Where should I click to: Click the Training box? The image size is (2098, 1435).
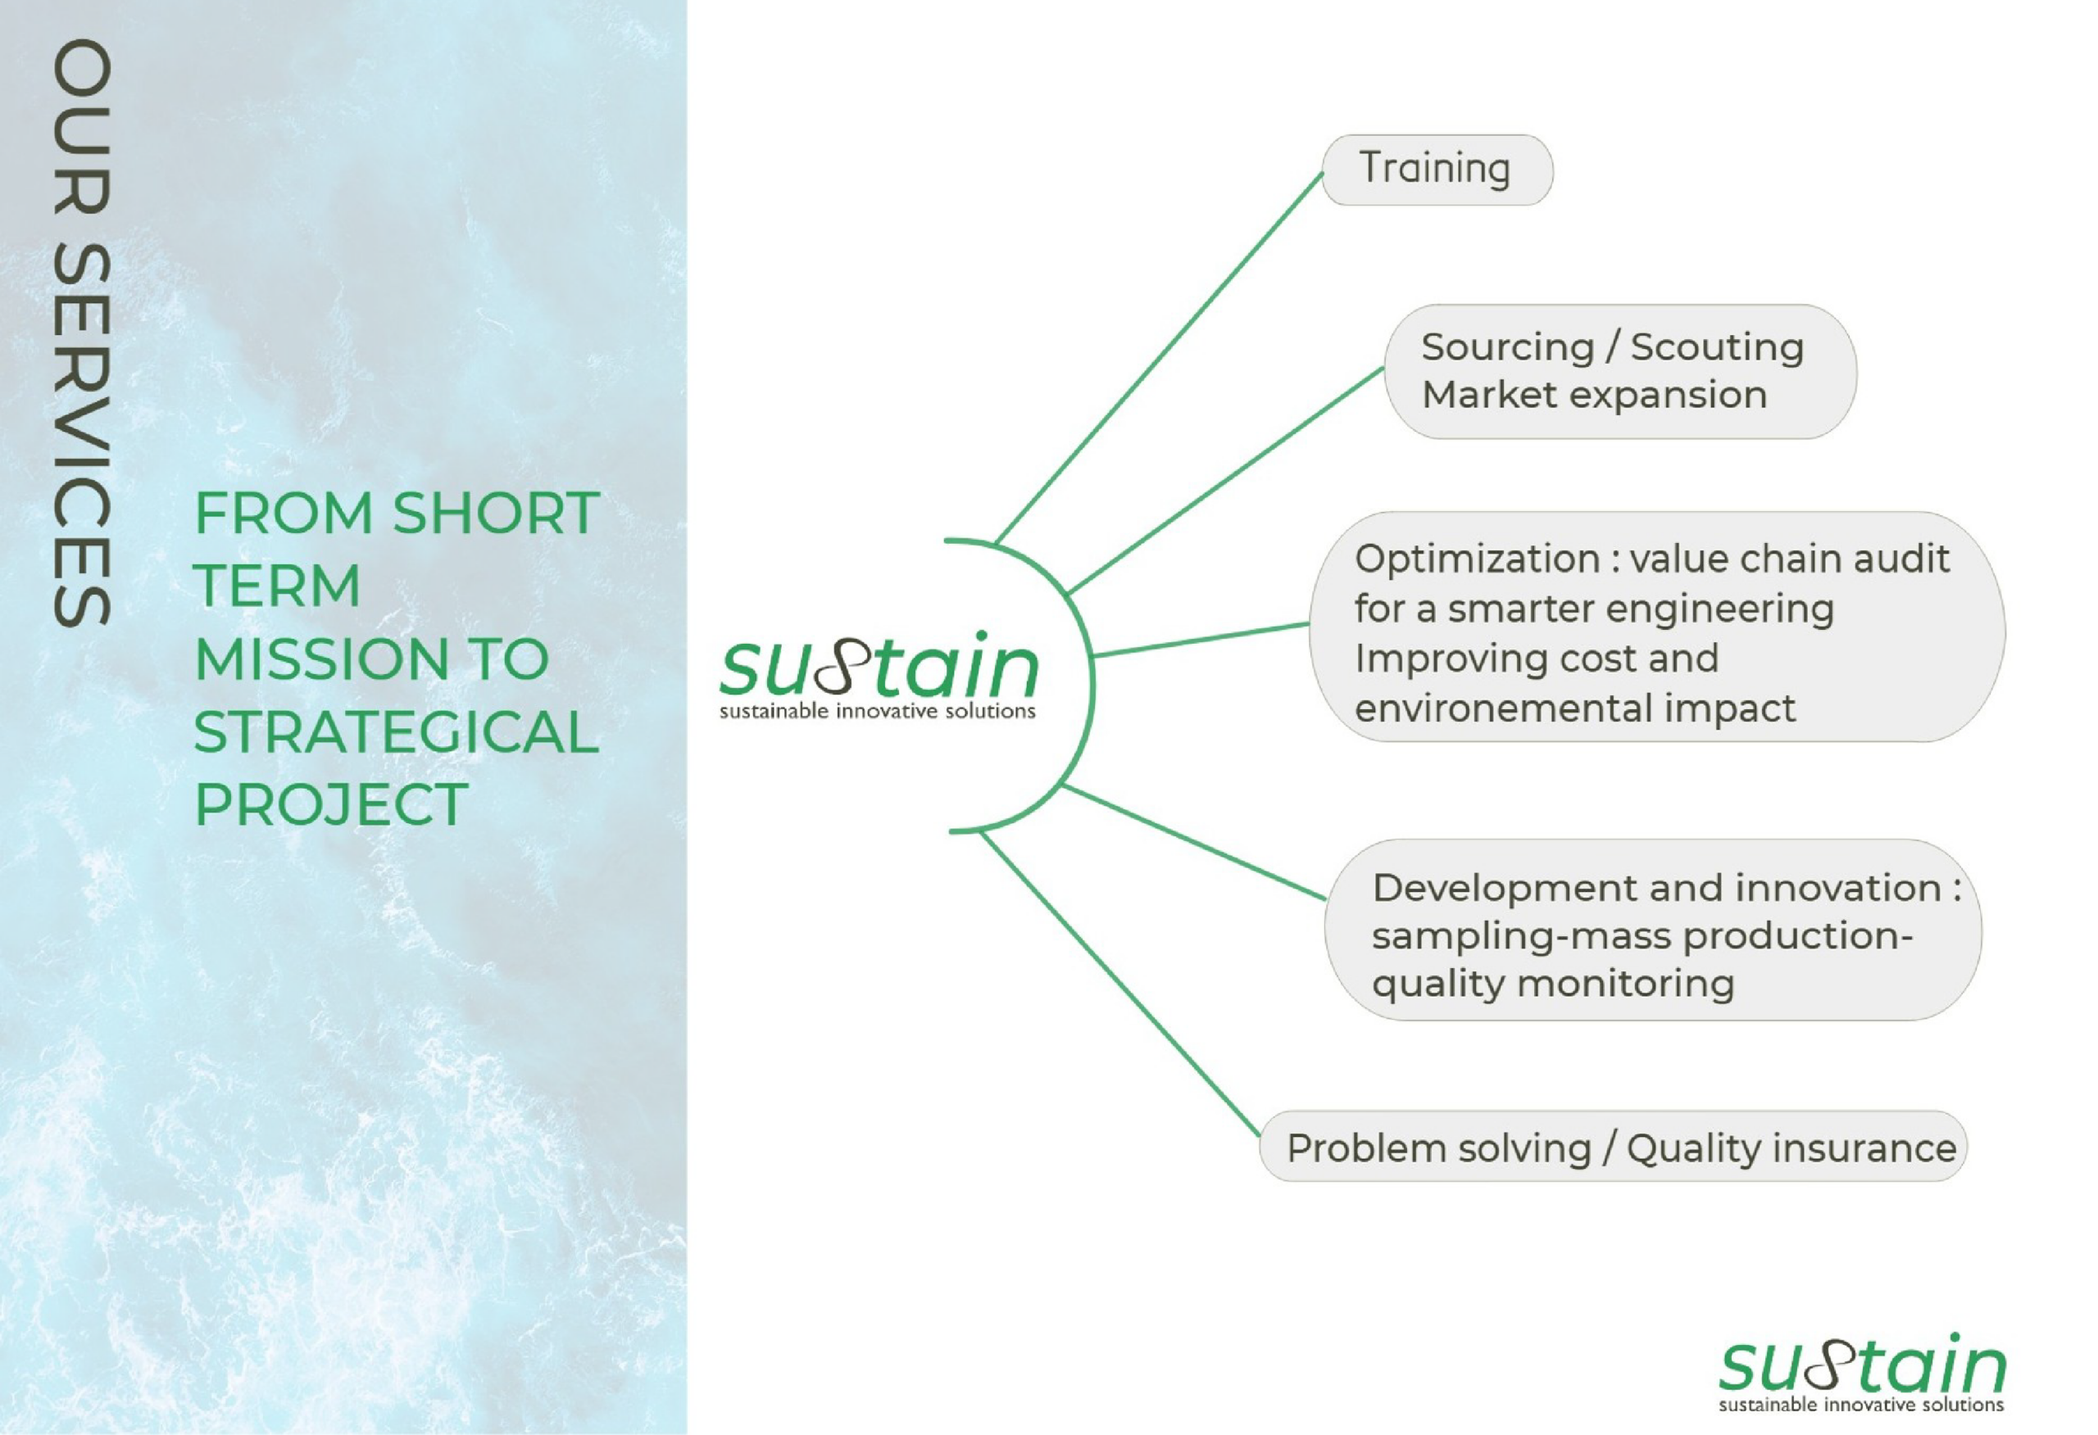1437,170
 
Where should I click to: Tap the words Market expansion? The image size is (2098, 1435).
1594,396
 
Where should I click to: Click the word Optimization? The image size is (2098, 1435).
1478,559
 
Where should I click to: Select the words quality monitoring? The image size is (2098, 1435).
1553,983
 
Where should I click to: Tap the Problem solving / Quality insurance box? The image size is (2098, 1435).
1612,1146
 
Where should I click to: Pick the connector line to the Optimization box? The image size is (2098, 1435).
1201,639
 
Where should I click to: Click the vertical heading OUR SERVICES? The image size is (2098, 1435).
82,332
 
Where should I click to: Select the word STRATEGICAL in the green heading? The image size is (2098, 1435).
397,731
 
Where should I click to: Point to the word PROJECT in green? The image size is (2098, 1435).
331,804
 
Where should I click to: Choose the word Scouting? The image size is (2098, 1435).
1717,347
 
